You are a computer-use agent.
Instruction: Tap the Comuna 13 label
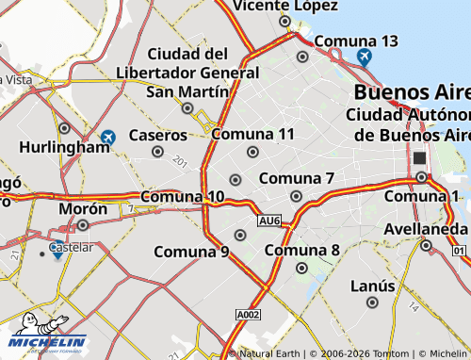(355, 41)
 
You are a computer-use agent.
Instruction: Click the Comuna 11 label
(252, 134)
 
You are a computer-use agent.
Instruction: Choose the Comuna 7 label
(296, 178)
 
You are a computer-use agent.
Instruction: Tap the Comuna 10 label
(183, 197)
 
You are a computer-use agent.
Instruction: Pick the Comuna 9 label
(191, 252)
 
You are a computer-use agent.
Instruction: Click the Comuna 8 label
(301, 251)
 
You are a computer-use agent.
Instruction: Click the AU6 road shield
(269, 221)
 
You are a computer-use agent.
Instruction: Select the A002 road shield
(248, 315)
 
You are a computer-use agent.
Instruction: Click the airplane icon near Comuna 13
(365, 57)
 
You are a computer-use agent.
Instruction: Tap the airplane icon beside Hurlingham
(108, 138)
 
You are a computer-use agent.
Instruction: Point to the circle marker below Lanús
(372, 303)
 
